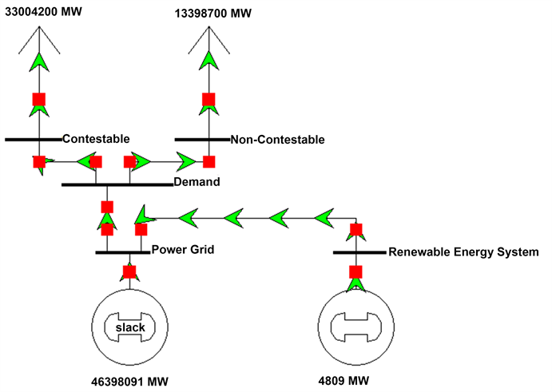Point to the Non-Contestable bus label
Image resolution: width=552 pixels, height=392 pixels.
[278, 140]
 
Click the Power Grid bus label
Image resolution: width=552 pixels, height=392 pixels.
[183, 250]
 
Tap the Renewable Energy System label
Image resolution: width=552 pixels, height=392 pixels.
[463, 252]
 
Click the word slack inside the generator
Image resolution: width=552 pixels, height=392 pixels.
[129, 327]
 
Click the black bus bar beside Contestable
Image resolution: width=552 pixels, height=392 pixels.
[33, 139]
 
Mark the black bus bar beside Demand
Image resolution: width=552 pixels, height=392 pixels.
[117, 184]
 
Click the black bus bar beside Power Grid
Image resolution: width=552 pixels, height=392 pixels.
[122, 252]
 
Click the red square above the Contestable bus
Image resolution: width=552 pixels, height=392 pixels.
[38, 100]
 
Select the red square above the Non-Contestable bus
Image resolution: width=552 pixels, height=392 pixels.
[208, 100]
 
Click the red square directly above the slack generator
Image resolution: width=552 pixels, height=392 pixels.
[129, 271]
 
